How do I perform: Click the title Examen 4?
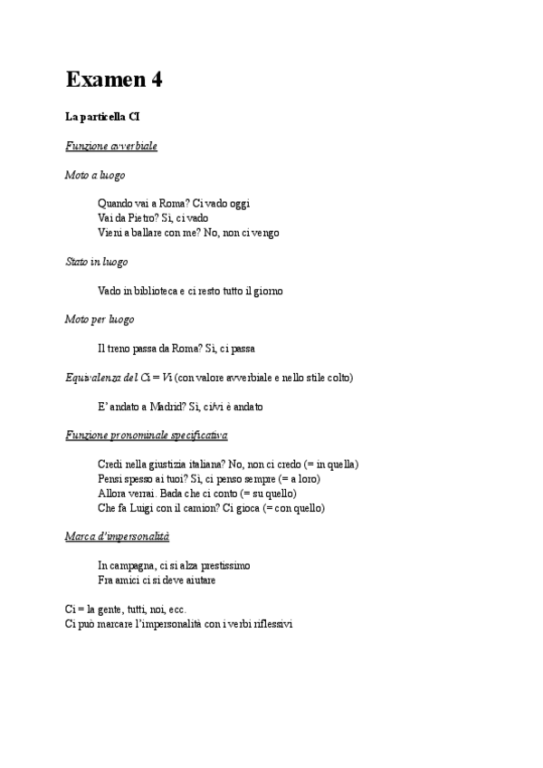coord(114,81)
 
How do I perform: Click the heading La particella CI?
coord(102,117)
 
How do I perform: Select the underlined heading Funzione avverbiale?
coord(111,146)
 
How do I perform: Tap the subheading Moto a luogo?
coord(95,175)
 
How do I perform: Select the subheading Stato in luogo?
coord(97,262)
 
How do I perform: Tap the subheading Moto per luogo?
coord(100,320)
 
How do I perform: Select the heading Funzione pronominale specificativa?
coord(147,436)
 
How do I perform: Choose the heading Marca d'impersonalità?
coord(117,537)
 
